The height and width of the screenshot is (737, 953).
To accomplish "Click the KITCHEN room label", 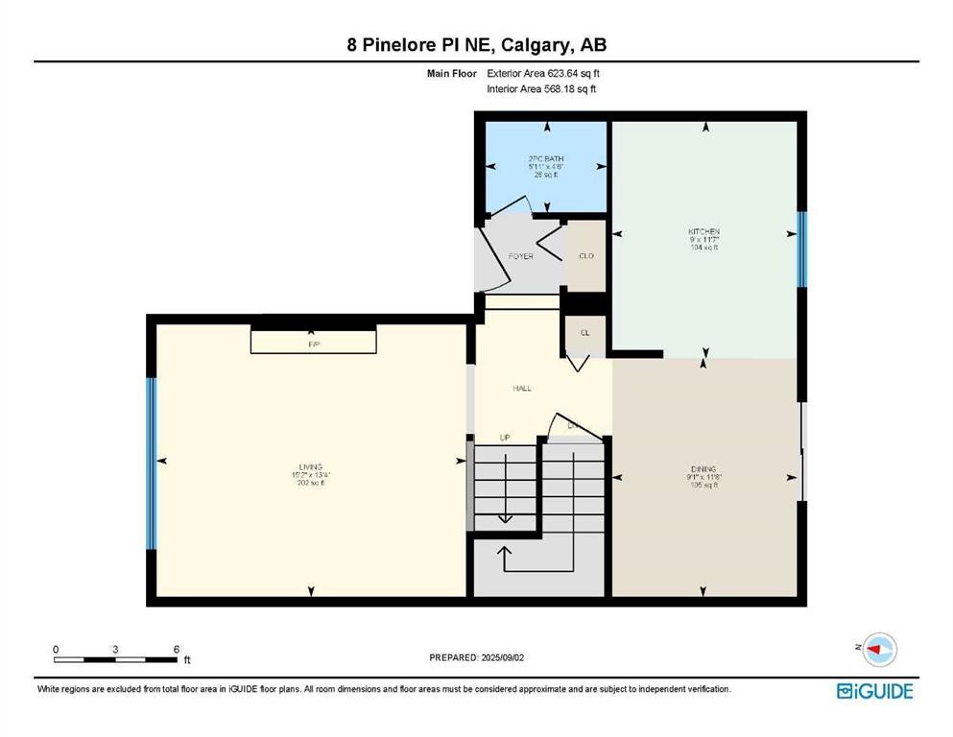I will [703, 231].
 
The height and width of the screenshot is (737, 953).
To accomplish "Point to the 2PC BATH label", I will [545, 158].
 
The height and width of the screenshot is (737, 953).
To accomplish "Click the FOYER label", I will [520, 256].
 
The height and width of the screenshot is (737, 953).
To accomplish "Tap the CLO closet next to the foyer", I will [585, 256].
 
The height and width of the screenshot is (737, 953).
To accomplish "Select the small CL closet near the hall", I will [584, 332].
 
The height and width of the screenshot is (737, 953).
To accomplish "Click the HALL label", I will [520, 388].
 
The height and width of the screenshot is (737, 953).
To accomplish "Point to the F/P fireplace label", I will [312, 344].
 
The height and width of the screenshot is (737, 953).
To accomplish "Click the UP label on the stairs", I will [505, 438].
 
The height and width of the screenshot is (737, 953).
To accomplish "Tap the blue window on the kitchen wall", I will [801, 250].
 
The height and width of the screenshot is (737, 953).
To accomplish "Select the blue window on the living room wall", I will [151, 463].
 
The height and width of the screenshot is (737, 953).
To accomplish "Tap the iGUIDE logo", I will [874, 690].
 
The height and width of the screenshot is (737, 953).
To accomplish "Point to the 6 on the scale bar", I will [177, 650].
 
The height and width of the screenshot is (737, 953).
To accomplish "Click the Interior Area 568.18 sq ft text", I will [542, 89].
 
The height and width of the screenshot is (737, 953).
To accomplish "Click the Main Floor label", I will [451, 73].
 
